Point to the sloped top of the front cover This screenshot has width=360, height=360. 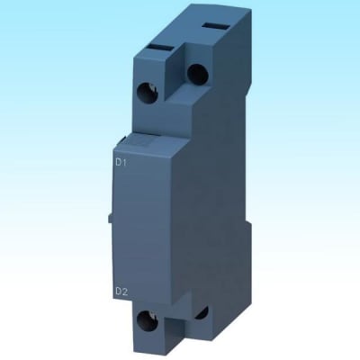point(148,135)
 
